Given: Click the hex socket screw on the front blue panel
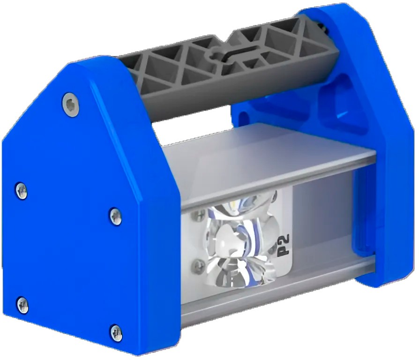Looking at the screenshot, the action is click(71, 105).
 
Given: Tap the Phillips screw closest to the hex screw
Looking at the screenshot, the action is click(22, 191).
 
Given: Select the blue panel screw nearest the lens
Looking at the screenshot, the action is click(116, 216).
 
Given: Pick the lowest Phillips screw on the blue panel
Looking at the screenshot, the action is click(116, 333).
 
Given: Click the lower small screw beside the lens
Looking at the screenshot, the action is click(199, 265).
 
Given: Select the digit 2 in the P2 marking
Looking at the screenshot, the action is click(284, 239).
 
